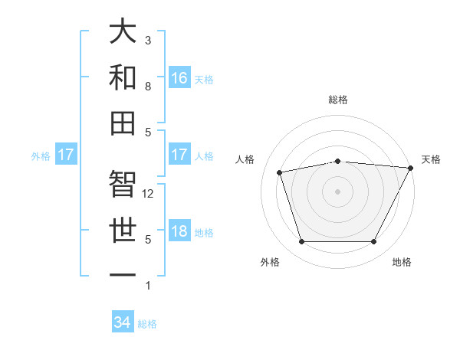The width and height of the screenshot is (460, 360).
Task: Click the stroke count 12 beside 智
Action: coord(149,194)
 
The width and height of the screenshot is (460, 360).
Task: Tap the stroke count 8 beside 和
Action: coord(148,87)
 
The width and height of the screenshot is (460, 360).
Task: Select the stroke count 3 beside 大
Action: coord(148,40)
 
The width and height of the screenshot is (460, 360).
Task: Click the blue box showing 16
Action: coord(179,77)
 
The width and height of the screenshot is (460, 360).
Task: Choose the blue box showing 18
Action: coord(179,231)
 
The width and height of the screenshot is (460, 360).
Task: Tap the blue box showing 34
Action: coord(122,322)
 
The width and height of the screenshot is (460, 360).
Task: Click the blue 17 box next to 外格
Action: coord(65,155)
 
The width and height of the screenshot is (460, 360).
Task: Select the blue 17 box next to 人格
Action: coord(179,155)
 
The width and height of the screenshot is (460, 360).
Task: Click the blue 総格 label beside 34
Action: coord(147,324)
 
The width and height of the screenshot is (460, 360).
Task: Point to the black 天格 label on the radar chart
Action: coord(431,159)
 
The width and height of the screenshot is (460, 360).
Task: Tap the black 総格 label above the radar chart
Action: coord(337,100)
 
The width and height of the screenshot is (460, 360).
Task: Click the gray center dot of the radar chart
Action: coord(337,191)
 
